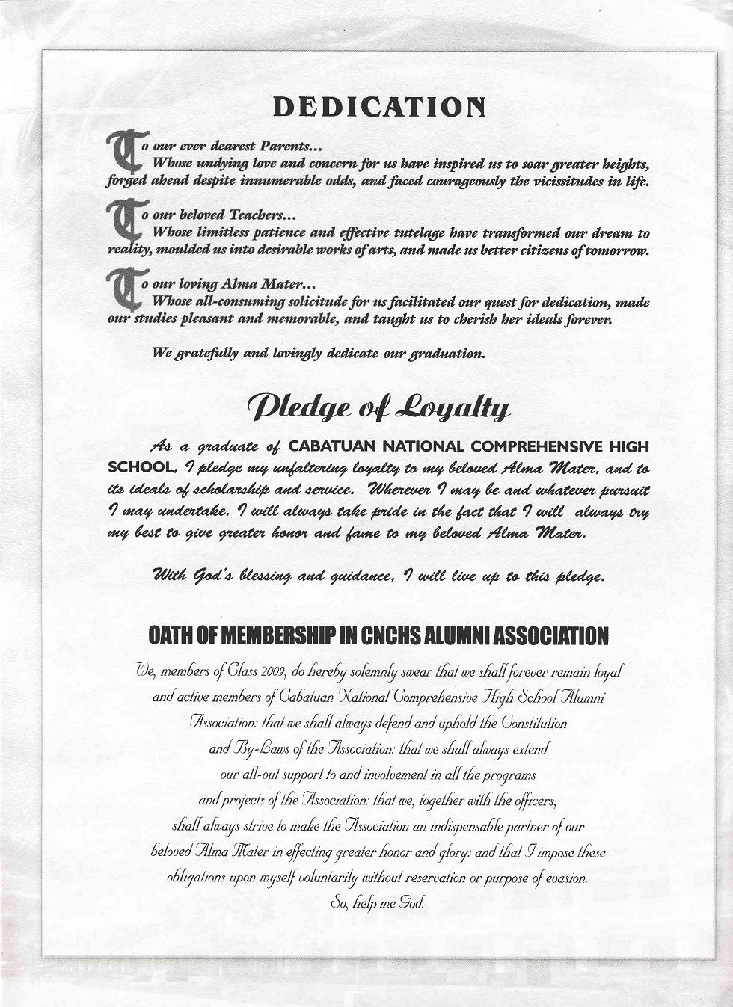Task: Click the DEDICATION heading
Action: [x=378, y=107]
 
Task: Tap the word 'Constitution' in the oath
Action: [x=524, y=723]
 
